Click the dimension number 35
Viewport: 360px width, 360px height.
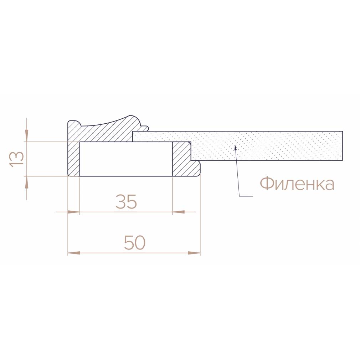coord(126,202)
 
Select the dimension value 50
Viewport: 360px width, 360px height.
coord(134,243)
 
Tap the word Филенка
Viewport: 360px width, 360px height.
coord(297,184)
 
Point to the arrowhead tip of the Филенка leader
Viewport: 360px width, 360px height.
coord(235,145)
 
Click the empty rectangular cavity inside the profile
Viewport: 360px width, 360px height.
coord(126,159)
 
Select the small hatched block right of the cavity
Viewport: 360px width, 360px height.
coord(181,159)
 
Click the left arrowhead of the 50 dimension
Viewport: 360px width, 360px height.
coord(74,253)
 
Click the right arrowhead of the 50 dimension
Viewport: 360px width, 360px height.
coord(194,253)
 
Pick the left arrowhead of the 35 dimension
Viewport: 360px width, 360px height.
coord(74,212)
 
